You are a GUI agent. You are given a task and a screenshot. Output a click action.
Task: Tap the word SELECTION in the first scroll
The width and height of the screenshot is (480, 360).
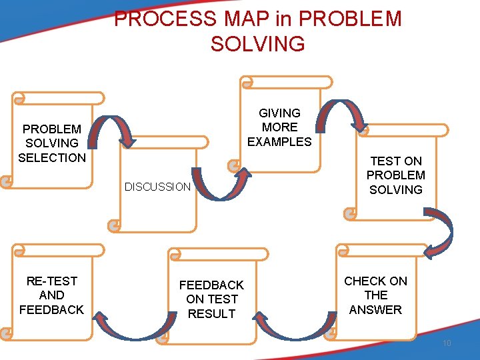tap(52, 158)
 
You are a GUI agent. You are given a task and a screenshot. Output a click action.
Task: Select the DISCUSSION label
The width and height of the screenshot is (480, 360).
tap(157, 187)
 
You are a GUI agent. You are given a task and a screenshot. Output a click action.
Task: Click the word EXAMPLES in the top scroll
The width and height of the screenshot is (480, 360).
tap(279, 141)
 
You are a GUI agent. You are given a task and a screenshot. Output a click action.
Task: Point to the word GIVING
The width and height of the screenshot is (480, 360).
tap(279, 113)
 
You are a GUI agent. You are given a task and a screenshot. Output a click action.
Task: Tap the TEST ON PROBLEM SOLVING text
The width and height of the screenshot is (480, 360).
tap(396, 175)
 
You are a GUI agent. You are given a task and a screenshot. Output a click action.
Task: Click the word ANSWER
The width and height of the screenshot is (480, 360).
tap(375, 309)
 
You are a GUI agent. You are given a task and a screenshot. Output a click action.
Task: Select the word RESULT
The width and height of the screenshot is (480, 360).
tap(212, 313)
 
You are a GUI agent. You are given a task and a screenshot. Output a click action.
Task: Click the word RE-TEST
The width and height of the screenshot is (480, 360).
tap(52, 281)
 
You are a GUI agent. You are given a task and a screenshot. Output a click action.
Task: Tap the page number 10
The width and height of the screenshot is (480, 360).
tap(447, 343)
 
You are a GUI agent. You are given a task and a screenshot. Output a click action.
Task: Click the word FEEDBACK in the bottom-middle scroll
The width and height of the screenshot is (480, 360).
tap(212, 285)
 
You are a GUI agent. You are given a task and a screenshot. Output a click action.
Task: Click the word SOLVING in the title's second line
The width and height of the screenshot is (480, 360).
tap(257, 43)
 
